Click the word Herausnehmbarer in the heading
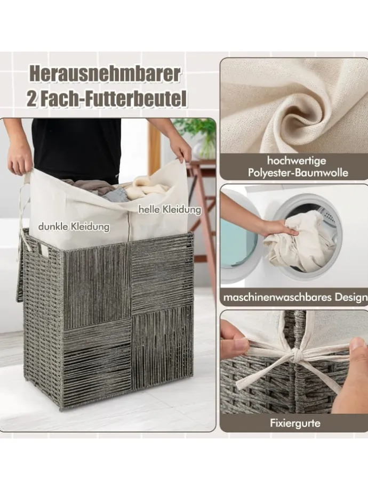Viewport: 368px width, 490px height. point(105,75)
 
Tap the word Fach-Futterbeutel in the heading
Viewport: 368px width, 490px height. point(114,98)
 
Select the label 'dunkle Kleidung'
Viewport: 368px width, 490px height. point(74,226)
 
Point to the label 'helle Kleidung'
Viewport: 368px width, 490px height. point(170,209)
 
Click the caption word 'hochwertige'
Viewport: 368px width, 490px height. point(297,161)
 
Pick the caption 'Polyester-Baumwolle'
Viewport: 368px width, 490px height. point(298,173)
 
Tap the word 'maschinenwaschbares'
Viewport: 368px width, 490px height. point(277,297)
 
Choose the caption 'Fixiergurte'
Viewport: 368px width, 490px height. point(295,423)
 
